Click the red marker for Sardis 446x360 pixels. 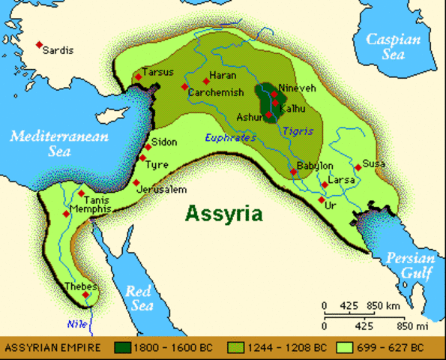39,45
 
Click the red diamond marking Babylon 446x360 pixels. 294,172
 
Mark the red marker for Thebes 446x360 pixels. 86,295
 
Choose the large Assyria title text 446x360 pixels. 225,213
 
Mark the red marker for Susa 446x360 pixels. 358,167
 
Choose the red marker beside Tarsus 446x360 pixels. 137,76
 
